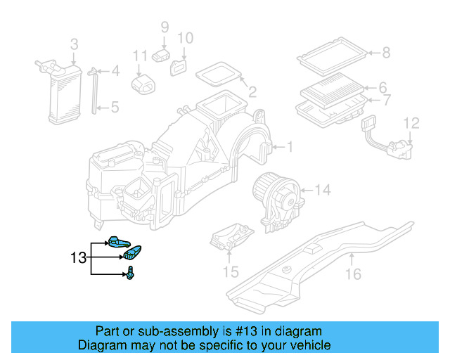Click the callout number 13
[x=77, y=258]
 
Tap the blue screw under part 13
[x=131, y=274]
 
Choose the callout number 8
[x=385, y=51]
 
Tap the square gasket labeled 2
[x=219, y=74]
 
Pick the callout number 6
[x=383, y=88]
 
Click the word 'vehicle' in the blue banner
[x=311, y=345]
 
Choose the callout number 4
[x=115, y=70]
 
